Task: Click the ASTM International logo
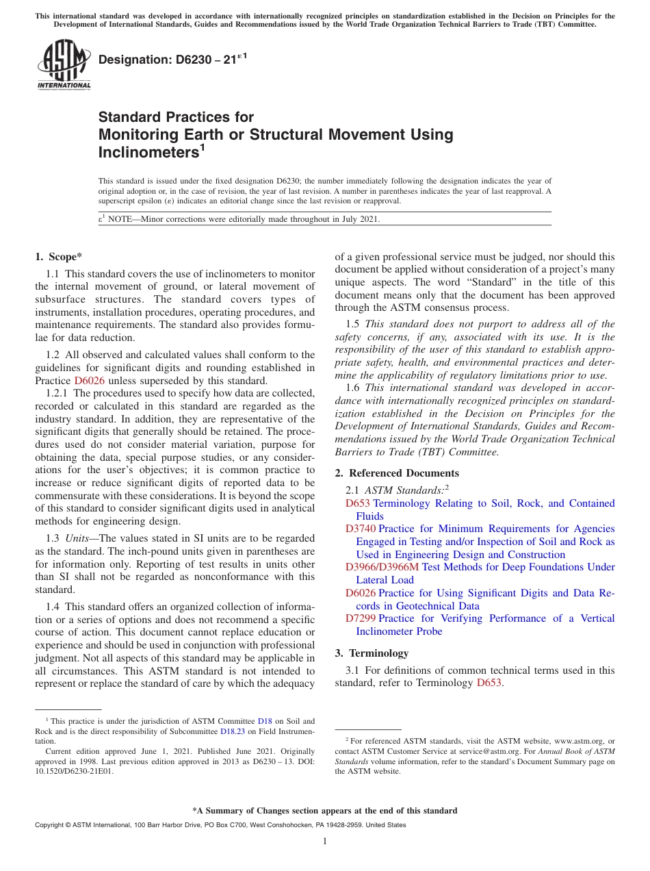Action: click(63, 64)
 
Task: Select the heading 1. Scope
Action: click(58, 257)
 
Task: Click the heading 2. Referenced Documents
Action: click(397, 473)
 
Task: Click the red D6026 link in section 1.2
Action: click(89, 380)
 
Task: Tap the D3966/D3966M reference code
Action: click(382, 567)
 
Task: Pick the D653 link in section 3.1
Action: click(489, 683)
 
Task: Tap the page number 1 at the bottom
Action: click(325, 842)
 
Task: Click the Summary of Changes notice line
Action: click(325, 811)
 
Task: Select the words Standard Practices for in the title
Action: click(176, 117)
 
